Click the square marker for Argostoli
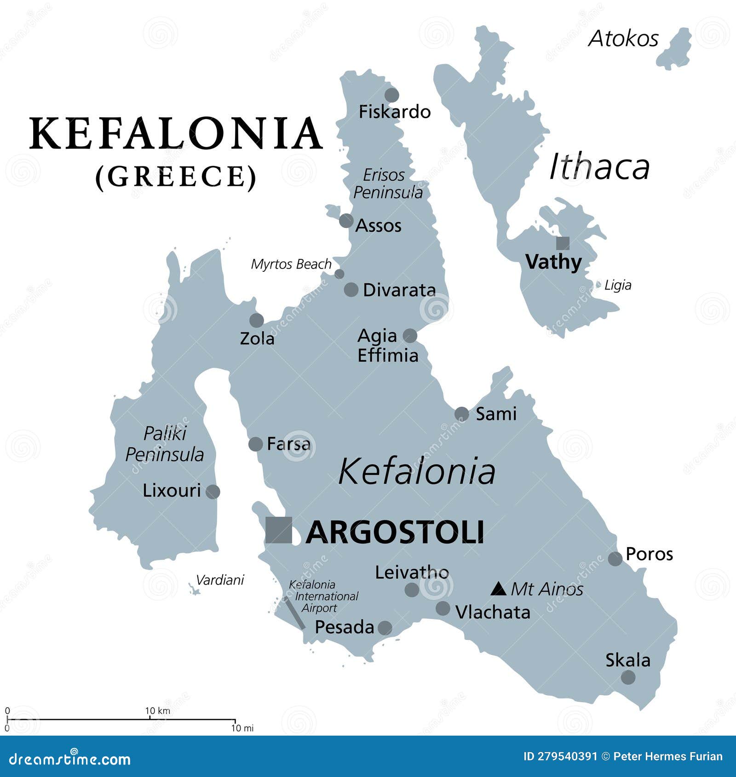[x=279, y=530]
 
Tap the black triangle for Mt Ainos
[x=499, y=589]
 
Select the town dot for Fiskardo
[x=391, y=95]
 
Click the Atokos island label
[x=623, y=39]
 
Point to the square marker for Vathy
[x=563, y=243]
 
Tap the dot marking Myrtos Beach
[x=339, y=274]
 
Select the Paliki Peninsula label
[x=164, y=444]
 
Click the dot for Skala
[x=628, y=677]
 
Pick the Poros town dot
[x=615, y=559]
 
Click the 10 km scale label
[x=158, y=711]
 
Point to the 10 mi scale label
[x=242, y=728]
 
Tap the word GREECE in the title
[x=176, y=177]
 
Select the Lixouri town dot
[x=213, y=491]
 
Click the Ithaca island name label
[x=599, y=166]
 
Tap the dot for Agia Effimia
[x=410, y=336]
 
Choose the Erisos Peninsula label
[x=387, y=183]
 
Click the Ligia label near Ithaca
[x=617, y=285]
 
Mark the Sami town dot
[x=461, y=414]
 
